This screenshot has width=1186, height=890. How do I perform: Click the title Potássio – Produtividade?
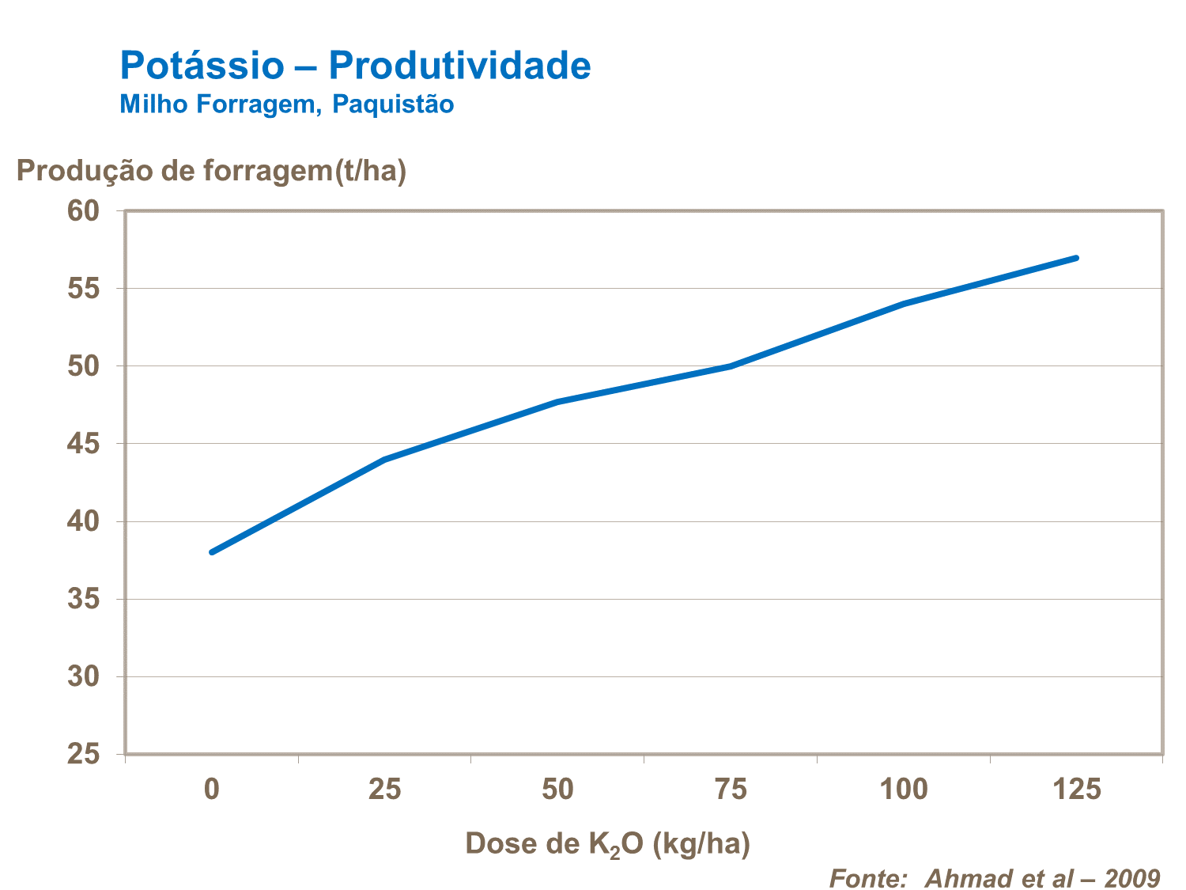(x=355, y=65)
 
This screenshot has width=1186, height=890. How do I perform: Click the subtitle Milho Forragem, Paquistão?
(x=286, y=104)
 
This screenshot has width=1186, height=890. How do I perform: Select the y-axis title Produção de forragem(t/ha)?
(x=211, y=170)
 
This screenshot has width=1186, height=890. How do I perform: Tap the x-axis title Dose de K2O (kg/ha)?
(x=607, y=844)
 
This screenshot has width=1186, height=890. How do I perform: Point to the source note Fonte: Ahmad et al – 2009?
(x=994, y=878)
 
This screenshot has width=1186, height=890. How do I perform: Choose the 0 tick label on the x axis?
(x=212, y=790)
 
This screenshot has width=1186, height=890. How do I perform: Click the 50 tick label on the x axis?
(x=558, y=790)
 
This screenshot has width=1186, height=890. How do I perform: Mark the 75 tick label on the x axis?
(x=731, y=790)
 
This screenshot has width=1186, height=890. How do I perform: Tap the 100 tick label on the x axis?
(x=904, y=790)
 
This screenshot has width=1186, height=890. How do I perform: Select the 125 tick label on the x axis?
(x=1077, y=790)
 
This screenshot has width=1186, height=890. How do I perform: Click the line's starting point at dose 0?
(x=212, y=552)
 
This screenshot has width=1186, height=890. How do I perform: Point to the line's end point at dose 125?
(x=1076, y=258)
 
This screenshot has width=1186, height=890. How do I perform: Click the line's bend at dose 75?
(x=731, y=366)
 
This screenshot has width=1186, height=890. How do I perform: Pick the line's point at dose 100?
(x=904, y=304)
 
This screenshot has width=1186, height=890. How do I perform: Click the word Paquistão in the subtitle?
(x=393, y=104)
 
